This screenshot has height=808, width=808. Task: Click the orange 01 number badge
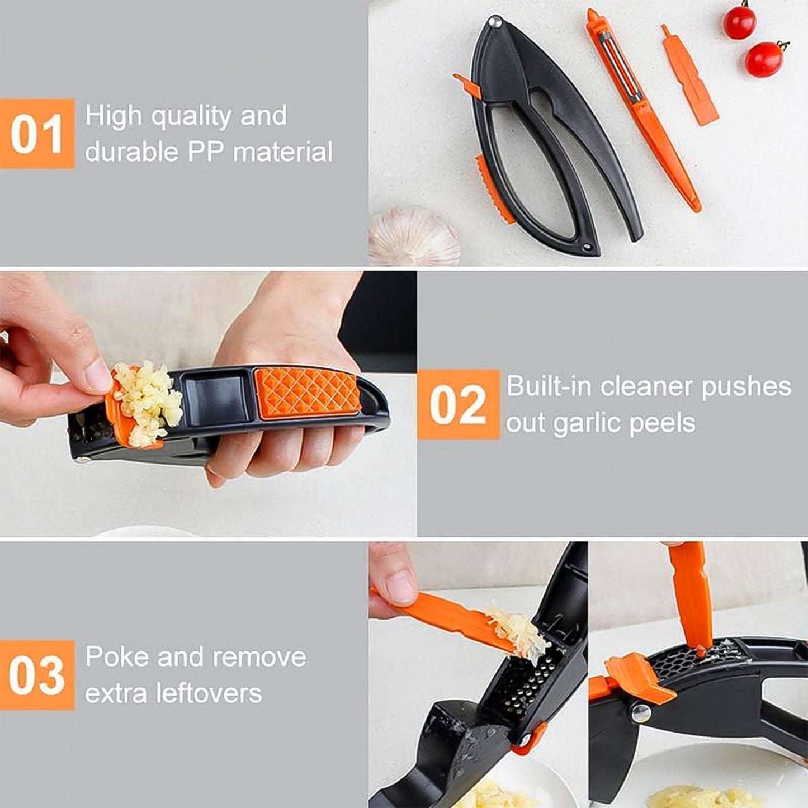[x=37, y=134]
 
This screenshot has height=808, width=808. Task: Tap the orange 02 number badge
[x=457, y=404]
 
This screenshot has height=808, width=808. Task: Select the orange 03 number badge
[x=37, y=675]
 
